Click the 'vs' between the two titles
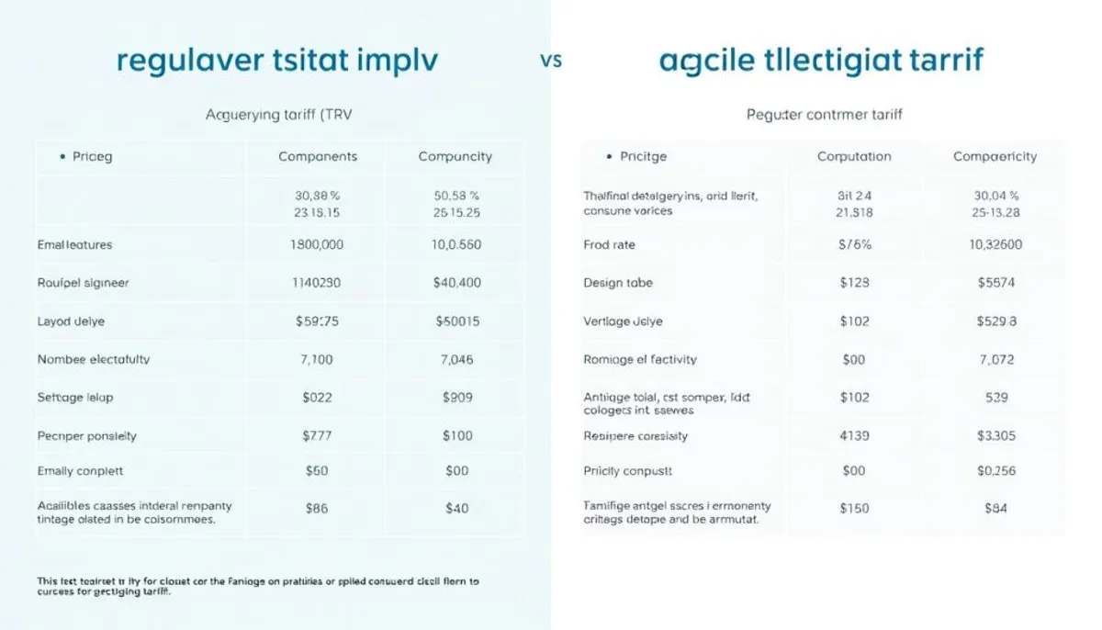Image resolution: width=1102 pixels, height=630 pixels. click(x=551, y=62)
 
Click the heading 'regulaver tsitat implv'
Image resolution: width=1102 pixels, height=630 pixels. click(x=278, y=61)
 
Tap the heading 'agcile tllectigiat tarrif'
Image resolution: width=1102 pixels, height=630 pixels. click(x=821, y=61)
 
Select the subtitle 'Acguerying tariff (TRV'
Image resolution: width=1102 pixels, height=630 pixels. click(x=278, y=115)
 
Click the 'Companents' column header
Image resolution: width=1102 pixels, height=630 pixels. click(x=317, y=157)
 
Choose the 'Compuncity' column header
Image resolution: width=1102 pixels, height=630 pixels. click(x=455, y=157)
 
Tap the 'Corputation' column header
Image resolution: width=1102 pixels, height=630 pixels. click(x=854, y=157)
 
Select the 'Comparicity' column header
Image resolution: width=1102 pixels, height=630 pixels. click(x=995, y=157)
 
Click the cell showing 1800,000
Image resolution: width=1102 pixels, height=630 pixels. click(x=317, y=245)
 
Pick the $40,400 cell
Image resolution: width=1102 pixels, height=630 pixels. click(x=456, y=283)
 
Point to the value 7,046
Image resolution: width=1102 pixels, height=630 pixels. click(x=456, y=360)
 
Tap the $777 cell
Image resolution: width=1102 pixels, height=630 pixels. click(x=317, y=436)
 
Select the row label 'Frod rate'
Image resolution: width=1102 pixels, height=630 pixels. click(x=609, y=245)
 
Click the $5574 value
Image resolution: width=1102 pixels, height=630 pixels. click(x=995, y=283)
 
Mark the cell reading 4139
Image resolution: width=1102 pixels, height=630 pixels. click(x=854, y=436)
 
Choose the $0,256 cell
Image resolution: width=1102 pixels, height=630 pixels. click(x=995, y=471)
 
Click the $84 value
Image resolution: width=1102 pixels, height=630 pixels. click(x=996, y=507)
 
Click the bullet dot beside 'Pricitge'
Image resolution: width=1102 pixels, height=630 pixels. click(x=609, y=157)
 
